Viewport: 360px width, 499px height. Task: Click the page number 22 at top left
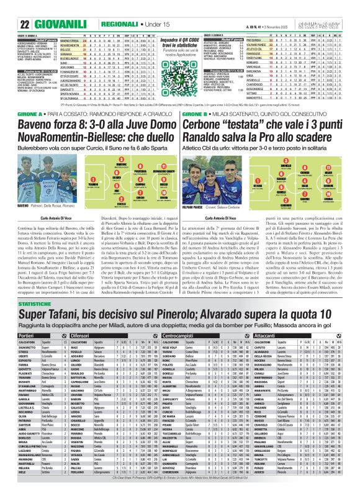tap(9, 8)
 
